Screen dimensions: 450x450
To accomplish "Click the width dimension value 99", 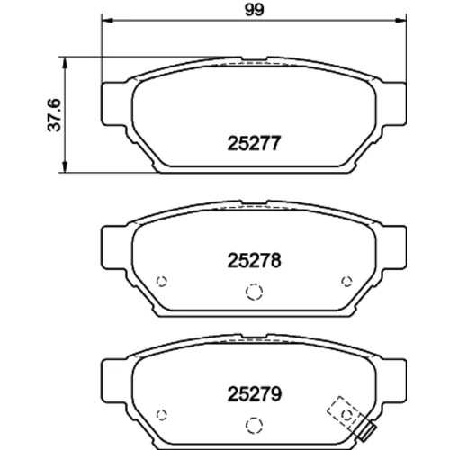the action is (255, 10).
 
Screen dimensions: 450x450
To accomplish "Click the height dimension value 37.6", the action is (54, 115).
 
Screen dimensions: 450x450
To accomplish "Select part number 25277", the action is (254, 143).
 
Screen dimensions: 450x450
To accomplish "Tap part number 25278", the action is (254, 260).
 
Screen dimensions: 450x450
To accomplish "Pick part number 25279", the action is (255, 394).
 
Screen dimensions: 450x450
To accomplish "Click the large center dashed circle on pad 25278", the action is (254, 292).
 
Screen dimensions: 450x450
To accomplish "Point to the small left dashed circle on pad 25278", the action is (162, 282).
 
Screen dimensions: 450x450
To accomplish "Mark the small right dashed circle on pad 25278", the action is (346, 282).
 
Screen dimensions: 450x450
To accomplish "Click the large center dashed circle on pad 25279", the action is (254, 425).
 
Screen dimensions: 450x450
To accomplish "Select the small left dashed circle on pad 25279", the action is (162, 415).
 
